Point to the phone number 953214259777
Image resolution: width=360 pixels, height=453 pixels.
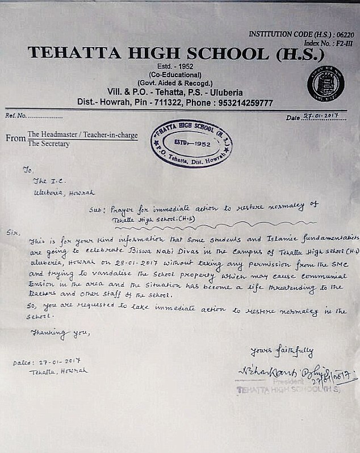[x=241, y=103]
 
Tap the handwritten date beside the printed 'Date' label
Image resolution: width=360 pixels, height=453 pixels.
[x=320, y=117]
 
